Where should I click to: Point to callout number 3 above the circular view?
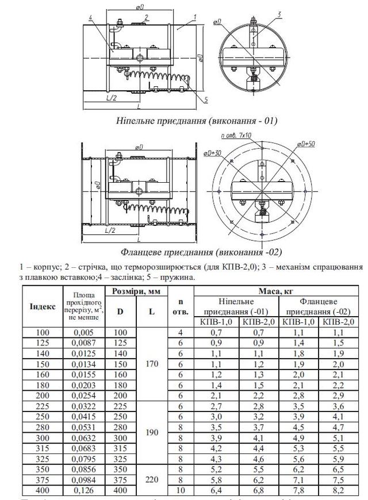click(278, 14)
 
